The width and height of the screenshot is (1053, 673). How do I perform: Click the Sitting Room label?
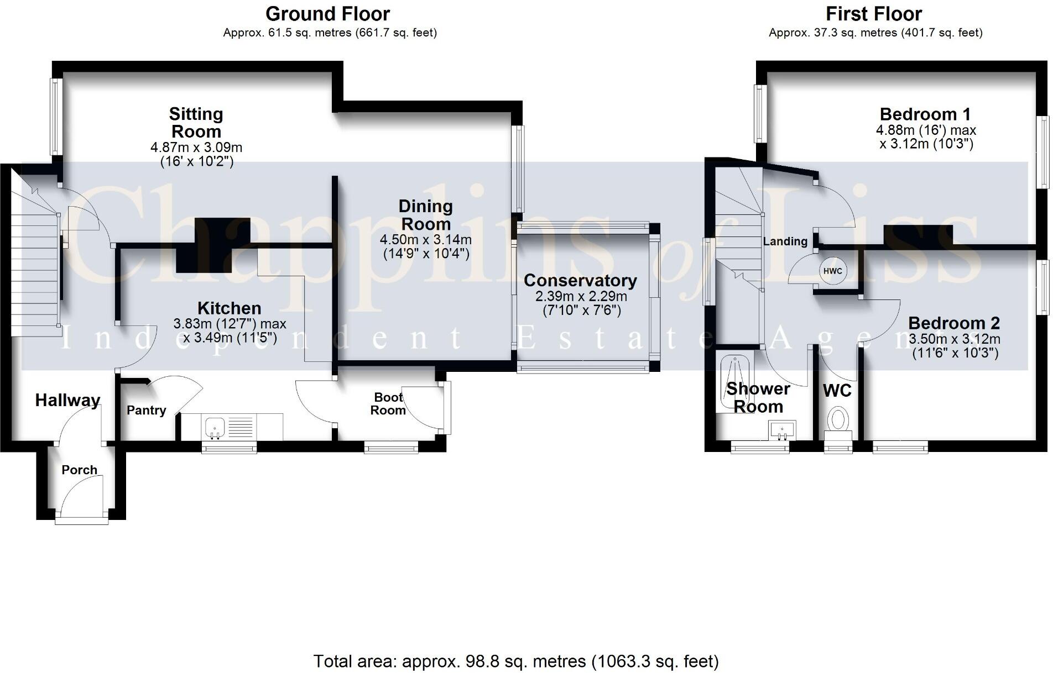tap(196, 123)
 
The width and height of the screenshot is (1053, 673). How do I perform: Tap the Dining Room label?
tap(426, 215)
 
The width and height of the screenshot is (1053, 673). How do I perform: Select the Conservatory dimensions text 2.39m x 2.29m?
tap(581, 297)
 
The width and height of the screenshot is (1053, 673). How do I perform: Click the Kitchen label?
tap(230, 308)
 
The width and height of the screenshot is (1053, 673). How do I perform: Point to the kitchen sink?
tap(215, 427)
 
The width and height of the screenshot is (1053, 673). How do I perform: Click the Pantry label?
tap(146, 410)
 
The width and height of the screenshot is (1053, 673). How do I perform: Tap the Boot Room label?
tap(388, 404)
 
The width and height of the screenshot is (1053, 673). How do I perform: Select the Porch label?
tap(80, 470)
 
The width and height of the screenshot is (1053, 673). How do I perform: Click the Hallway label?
tap(67, 400)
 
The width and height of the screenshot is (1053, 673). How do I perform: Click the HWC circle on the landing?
tap(832, 271)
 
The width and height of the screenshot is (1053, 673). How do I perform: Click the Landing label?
tap(785, 241)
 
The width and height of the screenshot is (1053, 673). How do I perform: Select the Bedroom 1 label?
tap(925, 114)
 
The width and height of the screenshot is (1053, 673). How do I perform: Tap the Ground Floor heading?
tap(328, 13)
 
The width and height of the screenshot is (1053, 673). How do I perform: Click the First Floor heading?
tap(874, 13)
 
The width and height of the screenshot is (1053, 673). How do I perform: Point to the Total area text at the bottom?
tap(516, 661)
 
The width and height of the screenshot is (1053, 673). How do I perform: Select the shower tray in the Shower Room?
tap(735, 383)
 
